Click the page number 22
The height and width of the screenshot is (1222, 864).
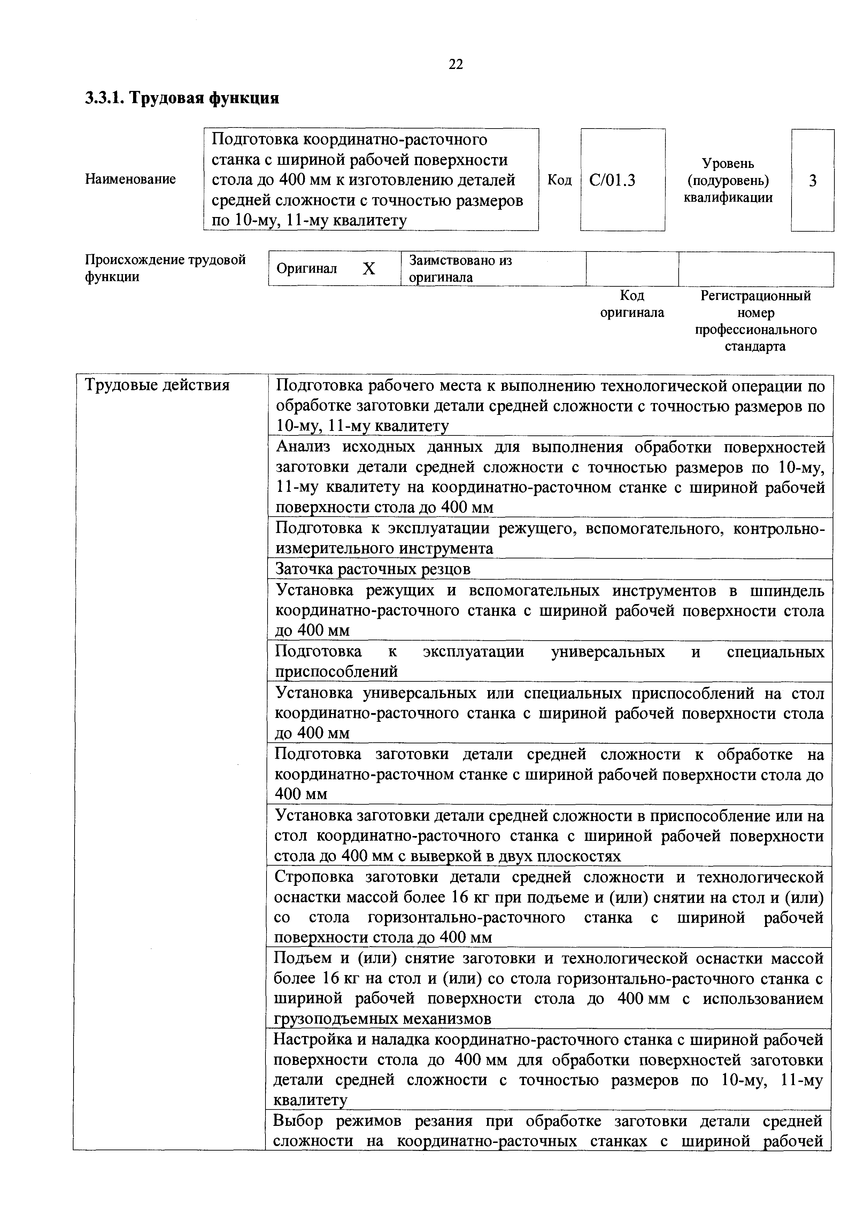[456, 64]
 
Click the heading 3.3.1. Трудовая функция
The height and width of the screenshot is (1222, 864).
[182, 99]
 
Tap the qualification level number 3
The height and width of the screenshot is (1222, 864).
[812, 181]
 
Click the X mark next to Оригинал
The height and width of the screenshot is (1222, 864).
[368, 269]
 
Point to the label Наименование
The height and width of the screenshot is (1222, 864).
[130, 179]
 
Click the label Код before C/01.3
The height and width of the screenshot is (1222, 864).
[560, 180]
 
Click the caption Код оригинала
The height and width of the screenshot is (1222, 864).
[632, 304]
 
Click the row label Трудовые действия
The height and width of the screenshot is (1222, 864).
[157, 385]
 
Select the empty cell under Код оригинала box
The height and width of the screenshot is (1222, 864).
[632, 269]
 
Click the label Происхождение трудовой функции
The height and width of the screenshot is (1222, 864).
[165, 268]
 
